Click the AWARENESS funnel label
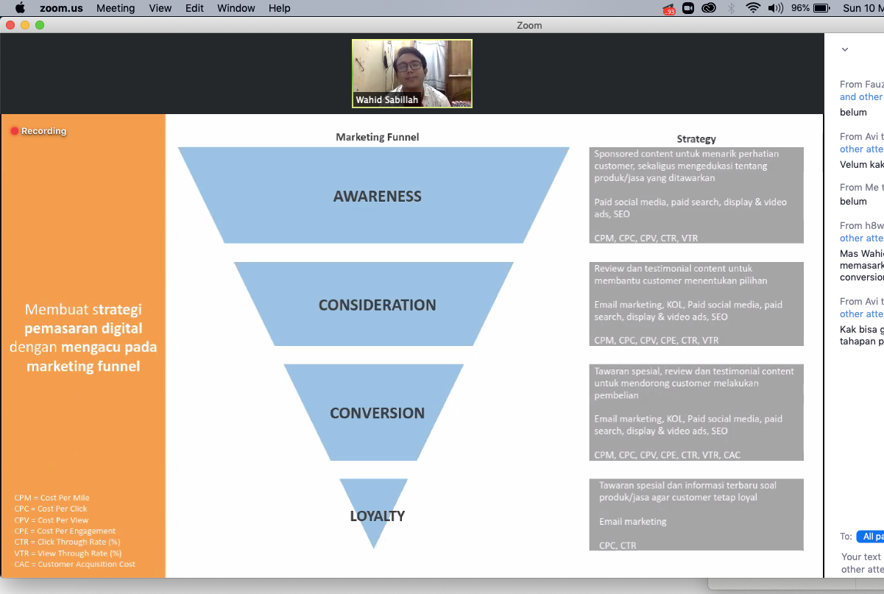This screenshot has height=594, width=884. coord(377,197)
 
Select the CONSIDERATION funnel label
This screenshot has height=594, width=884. coord(377,305)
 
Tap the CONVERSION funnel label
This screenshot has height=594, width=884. coord(377,413)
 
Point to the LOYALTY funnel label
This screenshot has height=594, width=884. coord(377,516)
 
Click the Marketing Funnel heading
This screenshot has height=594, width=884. coord(377,137)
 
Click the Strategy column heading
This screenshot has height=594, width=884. coord(696,138)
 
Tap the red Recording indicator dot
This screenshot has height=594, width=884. coord(15,131)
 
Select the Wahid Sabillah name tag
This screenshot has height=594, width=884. coord(386,100)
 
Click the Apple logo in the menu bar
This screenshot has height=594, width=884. coord(20,8)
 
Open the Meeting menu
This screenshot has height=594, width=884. coord(116,8)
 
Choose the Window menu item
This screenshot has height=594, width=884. coord(236,8)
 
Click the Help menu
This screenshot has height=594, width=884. coord(280,8)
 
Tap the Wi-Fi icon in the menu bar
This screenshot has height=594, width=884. coord(752,8)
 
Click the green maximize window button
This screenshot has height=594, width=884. coord(40,25)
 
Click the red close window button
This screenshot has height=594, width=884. coord(10,25)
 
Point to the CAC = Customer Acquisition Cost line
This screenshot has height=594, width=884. coord(74,565)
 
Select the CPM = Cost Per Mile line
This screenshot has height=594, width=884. coord(52,498)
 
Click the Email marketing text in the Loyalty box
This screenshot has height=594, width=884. coord(633,522)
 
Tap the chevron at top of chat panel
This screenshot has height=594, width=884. coord(845,50)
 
